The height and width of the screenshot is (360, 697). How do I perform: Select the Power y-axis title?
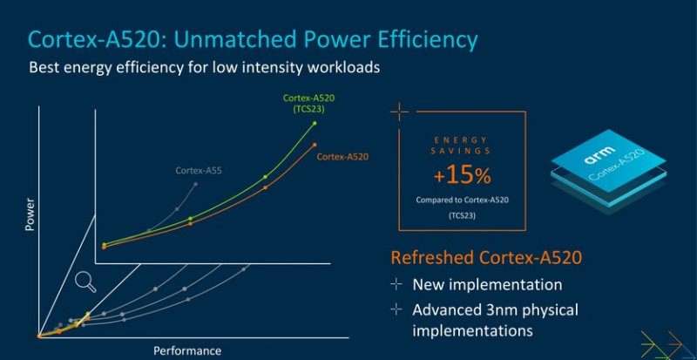(x=30, y=214)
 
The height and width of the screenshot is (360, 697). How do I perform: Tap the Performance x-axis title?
(x=187, y=351)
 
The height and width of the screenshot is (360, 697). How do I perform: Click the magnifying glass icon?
(x=85, y=281)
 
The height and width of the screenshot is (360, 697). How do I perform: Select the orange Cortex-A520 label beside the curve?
(x=342, y=157)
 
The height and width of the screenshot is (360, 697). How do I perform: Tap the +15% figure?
(x=462, y=175)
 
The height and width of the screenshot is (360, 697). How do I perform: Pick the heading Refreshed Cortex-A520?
(x=486, y=258)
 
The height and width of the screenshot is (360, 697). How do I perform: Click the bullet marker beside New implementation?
(x=396, y=285)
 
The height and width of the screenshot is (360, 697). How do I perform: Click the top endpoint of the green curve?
(x=315, y=123)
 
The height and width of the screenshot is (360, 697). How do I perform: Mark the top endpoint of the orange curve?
(x=315, y=144)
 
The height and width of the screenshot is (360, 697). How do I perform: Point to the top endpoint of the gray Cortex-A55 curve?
(x=196, y=184)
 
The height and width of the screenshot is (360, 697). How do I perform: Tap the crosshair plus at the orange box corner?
(x=399, y=112)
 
